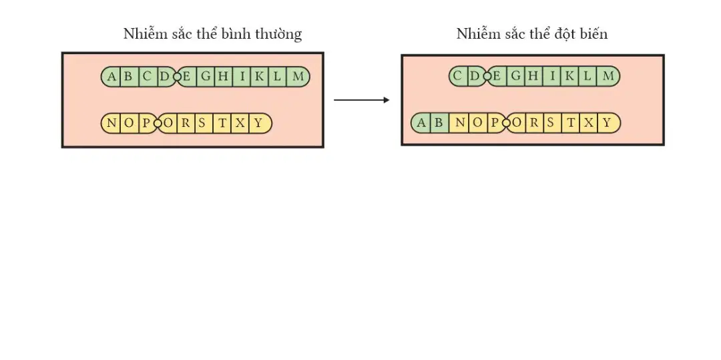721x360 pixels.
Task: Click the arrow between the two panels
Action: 361,100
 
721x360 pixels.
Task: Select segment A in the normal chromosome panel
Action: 111,76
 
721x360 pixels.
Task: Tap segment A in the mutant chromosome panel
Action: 421,123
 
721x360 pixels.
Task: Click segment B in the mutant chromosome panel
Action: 439,123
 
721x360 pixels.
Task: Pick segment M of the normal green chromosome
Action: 298,76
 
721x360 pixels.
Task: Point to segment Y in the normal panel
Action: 260,123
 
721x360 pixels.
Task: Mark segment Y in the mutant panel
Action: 609,123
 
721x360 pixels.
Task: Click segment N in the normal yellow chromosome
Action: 111,123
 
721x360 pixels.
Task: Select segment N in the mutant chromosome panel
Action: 459,123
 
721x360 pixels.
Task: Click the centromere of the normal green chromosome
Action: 177,76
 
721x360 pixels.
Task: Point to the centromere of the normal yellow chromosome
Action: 158,123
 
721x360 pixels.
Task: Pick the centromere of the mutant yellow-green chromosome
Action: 506,123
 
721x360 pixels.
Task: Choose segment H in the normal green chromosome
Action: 223,76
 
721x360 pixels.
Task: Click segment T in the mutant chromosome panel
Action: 571,123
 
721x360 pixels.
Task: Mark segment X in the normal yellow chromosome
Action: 240,123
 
